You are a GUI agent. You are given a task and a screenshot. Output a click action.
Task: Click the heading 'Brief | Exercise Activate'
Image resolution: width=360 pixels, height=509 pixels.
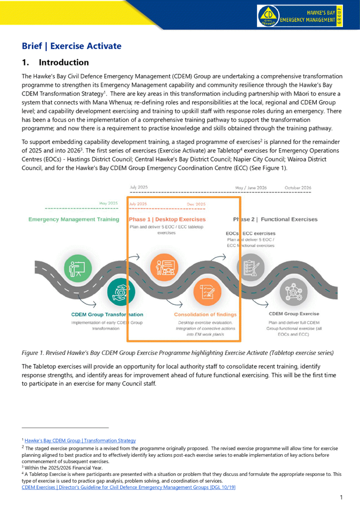[71, 46]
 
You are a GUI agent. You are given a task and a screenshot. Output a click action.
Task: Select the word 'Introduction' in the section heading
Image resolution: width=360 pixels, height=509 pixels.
[63, 62]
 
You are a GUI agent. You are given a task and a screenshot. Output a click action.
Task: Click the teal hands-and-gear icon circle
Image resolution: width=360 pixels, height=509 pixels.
[121, 292]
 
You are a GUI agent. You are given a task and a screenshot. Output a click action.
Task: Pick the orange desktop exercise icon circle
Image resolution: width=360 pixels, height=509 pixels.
[164, 265]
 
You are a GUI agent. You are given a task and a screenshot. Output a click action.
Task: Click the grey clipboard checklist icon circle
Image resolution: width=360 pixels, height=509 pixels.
[249, 265]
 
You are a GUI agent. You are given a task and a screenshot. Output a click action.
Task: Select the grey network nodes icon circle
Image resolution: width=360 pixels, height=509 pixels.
[293, 292]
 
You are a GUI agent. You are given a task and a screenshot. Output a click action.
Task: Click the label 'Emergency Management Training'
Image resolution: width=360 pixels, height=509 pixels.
[74, 219]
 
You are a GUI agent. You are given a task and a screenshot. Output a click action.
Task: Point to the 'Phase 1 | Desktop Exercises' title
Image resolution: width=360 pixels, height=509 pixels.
[167, 219]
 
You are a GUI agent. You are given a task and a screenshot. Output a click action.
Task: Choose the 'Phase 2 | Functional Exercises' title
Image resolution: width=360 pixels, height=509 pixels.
[275, 219]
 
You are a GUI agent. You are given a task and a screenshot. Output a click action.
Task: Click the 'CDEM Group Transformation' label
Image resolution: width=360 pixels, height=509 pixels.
[107, 314]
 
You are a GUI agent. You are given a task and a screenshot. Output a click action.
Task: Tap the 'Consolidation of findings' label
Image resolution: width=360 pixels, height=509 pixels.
[205, 314]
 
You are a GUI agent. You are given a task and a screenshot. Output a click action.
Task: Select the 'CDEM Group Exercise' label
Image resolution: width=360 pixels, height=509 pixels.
[294, 314]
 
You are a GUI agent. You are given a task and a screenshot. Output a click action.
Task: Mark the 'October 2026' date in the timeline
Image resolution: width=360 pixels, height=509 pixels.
[298, 188]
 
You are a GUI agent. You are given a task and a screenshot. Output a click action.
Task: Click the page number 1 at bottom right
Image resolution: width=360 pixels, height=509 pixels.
[340, 497]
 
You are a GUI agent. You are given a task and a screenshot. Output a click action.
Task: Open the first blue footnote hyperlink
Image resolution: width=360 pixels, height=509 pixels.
[80, 441]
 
